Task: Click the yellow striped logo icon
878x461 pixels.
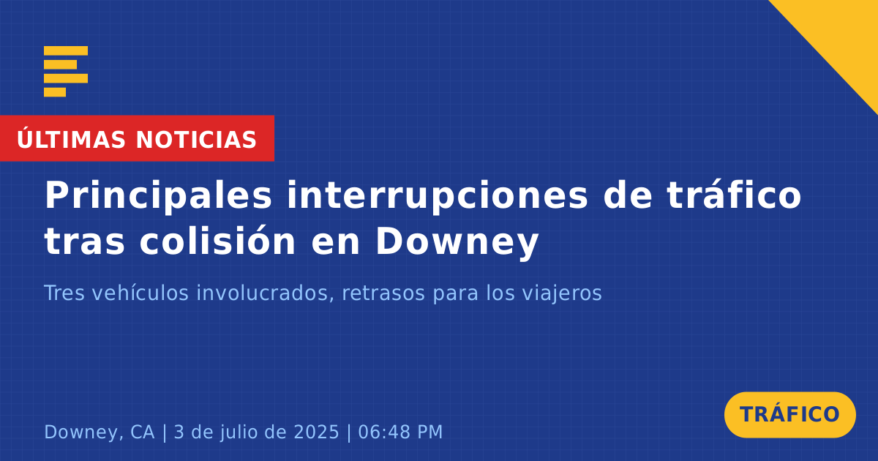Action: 66,72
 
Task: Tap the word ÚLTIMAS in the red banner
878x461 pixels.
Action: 71,138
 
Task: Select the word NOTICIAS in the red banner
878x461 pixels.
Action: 196,140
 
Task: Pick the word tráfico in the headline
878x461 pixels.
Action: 734,195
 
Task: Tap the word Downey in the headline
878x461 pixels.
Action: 457,243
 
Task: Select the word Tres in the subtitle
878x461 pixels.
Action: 64,293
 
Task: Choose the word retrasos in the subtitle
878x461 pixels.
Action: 383,293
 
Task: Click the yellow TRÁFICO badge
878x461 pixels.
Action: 789,415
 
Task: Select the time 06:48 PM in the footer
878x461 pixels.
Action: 400,432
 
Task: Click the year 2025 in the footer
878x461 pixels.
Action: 316,432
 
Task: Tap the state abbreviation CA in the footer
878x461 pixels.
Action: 142,432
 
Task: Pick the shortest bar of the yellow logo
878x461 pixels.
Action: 55,92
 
